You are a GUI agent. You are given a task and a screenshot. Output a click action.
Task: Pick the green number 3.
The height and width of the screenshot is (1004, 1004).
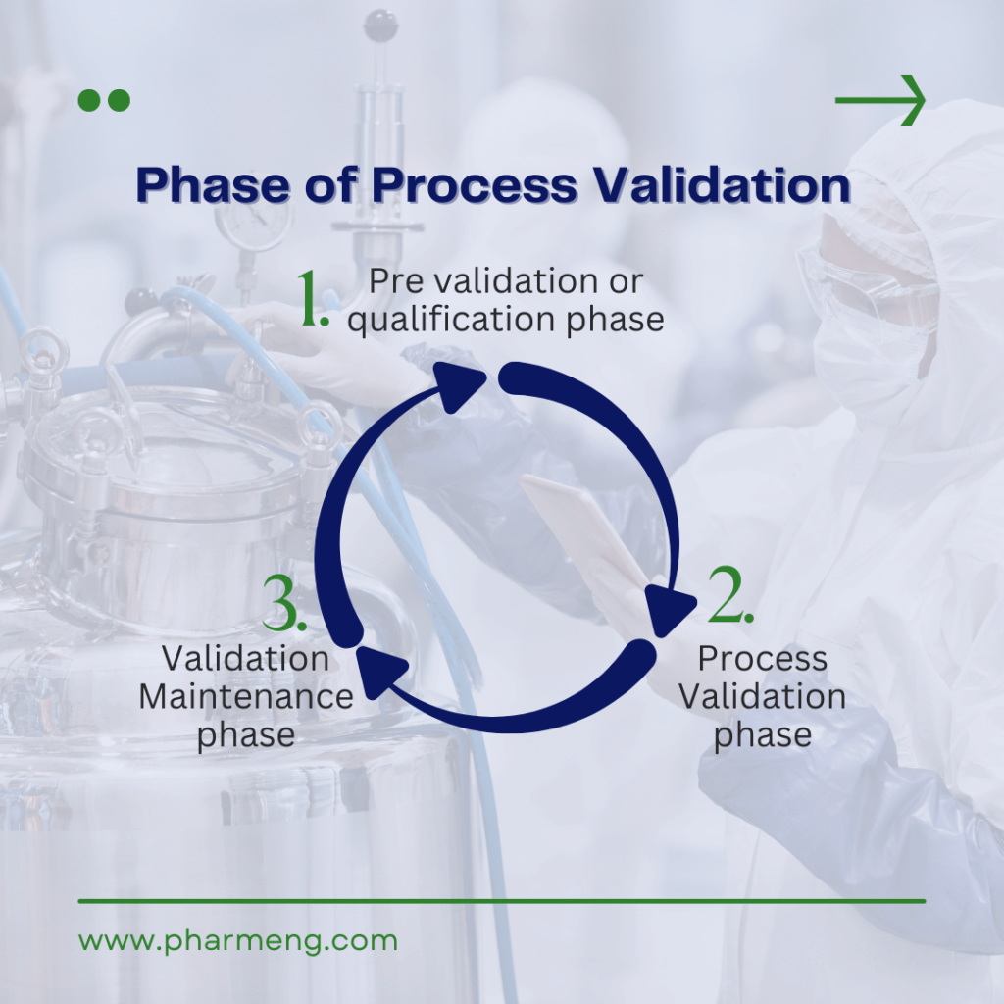pos(286,607)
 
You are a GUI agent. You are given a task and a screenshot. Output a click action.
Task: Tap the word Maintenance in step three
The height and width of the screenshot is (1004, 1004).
pos(246,697)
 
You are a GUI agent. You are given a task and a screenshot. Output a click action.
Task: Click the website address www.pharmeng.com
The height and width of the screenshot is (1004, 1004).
pos(238,941)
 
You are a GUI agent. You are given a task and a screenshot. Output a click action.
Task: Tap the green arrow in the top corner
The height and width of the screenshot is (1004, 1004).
pos(879,100)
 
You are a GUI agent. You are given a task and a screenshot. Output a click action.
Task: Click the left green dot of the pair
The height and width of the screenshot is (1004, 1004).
pos(89,100)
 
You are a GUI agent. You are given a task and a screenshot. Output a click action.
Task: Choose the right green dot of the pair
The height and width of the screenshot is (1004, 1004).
pos(119,100)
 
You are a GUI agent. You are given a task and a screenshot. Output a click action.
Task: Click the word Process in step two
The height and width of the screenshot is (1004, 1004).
pos(762,659)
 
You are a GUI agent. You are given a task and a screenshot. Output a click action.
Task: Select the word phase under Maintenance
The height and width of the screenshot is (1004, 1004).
pos(245,735)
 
